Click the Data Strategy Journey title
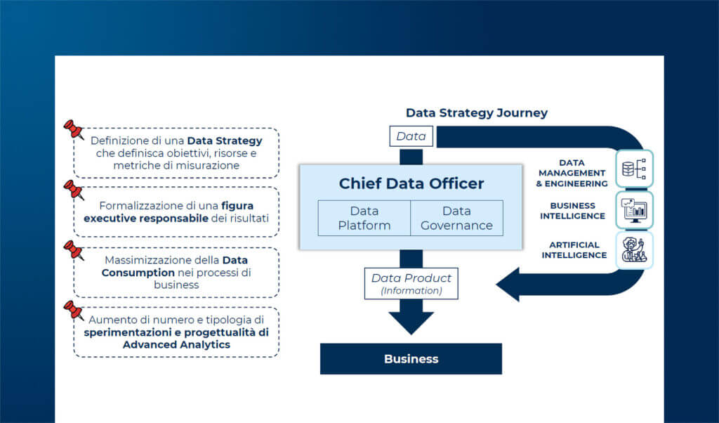(477, 112)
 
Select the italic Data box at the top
(411, 136)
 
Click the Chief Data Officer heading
(411, 183)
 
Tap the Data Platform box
(364, 218)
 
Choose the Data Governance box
(456, 218)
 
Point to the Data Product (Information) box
(411, 282)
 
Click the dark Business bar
(411, 358)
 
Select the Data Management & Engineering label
(572, 173)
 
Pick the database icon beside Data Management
(635, 169)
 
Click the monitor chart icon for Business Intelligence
(635, 209)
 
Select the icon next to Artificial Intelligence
(635, 249)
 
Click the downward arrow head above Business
(411, 321)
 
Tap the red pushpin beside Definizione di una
(73, 131)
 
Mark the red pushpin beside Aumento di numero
(73, 310)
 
